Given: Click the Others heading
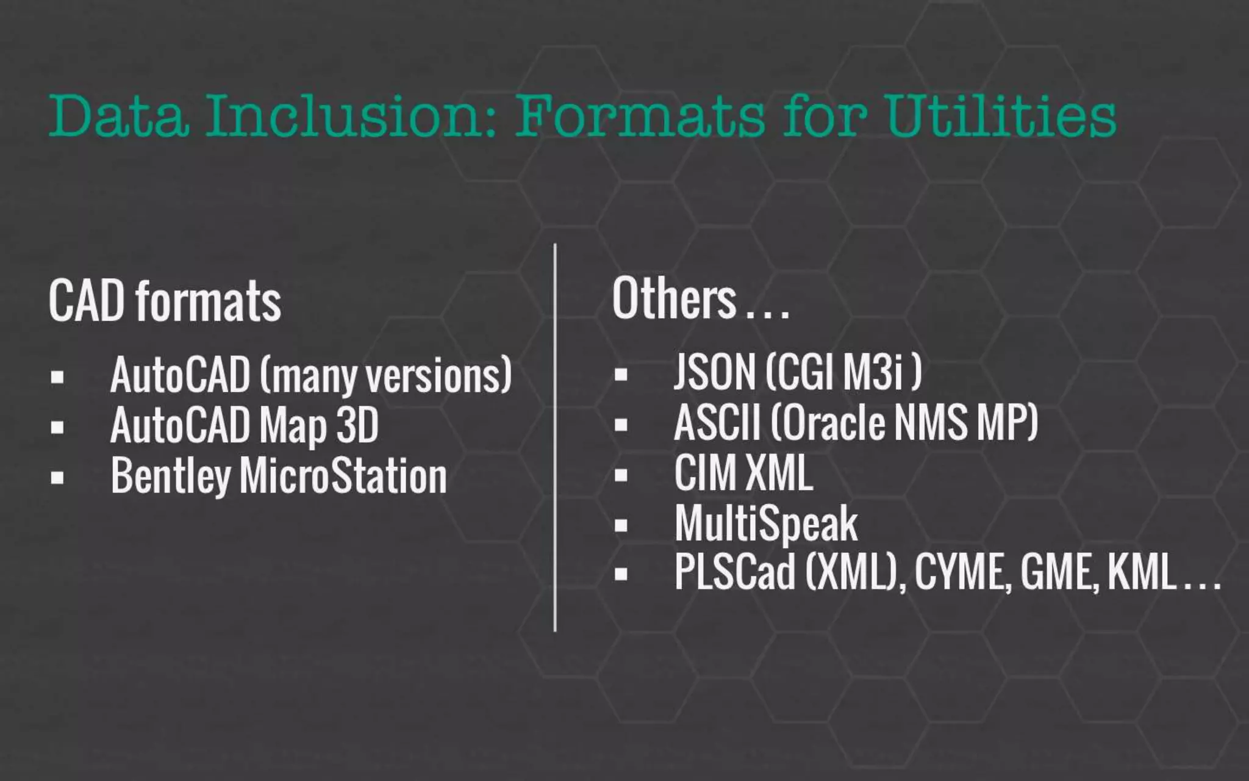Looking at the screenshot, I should [x=675, y=299].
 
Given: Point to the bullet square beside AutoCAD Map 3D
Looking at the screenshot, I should [x=57, y=426].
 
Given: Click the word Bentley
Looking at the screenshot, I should [x=171, y=477].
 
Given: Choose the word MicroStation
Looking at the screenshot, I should [x=343, y=477].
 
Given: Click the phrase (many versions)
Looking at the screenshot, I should [x=385, y=376].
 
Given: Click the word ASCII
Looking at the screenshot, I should [x=717, y=423].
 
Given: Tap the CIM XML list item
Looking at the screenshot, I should [x=743, y=473].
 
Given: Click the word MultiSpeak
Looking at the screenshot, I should [x=766, y=524].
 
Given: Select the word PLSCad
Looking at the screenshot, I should [x=735, y=572].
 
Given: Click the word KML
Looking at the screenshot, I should [x=1140, y=572].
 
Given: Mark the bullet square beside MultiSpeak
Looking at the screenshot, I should [x=621, y=525].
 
